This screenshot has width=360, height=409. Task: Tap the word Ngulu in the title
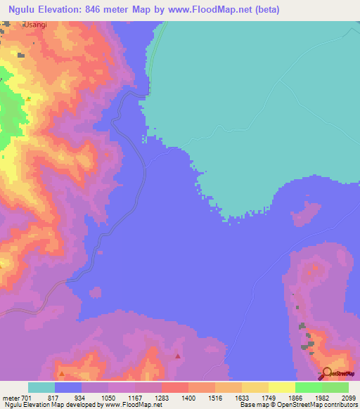20,9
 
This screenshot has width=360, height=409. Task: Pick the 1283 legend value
162,398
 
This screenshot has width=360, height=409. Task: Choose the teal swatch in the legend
41,387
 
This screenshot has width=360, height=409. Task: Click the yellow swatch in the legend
282,387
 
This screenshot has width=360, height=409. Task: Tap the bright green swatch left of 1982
309,387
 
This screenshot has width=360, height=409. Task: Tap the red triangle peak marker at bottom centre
178,356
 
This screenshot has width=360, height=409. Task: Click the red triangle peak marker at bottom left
62,373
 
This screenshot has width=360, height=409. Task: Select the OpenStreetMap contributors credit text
318,405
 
